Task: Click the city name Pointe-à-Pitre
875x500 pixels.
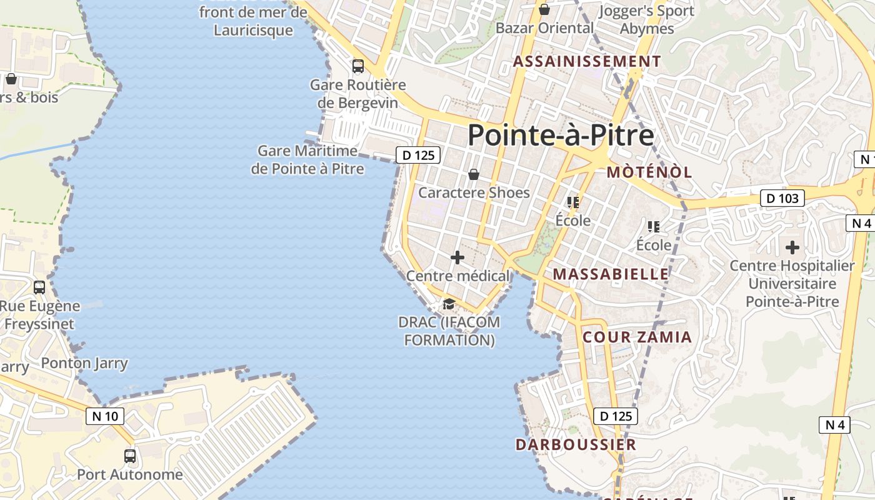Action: pos(561,135)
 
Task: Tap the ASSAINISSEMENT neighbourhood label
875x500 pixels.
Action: pos(587,61)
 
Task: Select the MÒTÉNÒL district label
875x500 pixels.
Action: pos(649,172)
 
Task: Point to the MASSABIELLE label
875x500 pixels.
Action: pos(611,274)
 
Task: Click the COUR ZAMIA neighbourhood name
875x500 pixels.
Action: pos(637,337)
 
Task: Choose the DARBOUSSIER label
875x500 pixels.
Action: pos(576,444)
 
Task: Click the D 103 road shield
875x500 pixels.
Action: pos(782,199)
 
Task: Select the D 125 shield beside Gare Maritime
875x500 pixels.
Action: pos(418,155)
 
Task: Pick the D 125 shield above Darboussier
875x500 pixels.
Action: pos(615,416)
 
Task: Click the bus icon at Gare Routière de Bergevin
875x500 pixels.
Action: pos(358,66)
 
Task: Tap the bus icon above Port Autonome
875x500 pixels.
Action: pos(130,456)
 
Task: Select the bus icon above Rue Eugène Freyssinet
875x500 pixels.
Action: pos(39,287)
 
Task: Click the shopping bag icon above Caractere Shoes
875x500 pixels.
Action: pos(474,174)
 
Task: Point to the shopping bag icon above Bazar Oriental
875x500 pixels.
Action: pos(544,9)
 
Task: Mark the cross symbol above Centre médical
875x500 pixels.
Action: pos(457,257)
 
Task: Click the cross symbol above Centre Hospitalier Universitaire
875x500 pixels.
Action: pos(792,247)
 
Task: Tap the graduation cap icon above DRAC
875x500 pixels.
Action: pos(448,304)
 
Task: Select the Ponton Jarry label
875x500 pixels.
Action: pos(84,363)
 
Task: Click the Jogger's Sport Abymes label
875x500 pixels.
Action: pos(647,19)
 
